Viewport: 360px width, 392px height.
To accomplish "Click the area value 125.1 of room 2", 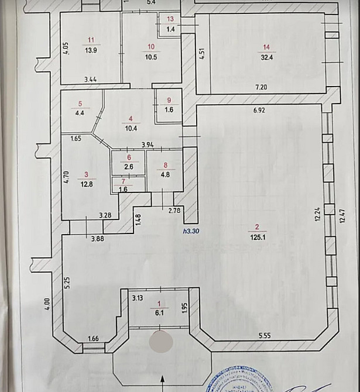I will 256,238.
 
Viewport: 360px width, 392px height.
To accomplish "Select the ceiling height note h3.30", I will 191,231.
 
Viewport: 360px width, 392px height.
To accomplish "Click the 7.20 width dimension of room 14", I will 260,87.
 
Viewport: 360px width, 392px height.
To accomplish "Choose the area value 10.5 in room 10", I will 151,57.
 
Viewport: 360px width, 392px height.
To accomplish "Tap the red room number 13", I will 170,19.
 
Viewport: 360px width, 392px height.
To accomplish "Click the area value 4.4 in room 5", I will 80,115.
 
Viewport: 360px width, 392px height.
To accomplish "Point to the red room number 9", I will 169,99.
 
